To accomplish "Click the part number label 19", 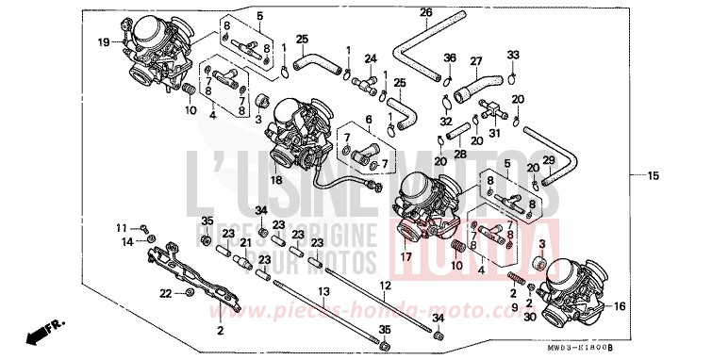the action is point(104,41).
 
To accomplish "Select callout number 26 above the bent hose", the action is point(425,12).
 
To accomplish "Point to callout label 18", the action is point(277,180).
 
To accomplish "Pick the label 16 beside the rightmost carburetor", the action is point(620,307).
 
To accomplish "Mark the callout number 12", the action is point(385,285).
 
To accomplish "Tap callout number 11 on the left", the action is point(121,228).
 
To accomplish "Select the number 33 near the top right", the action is point(513,55).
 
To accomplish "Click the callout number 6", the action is point(356,121).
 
